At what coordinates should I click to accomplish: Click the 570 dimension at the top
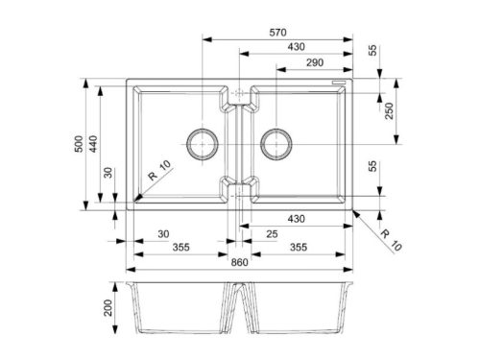pyautogui.click(x=277, y=33)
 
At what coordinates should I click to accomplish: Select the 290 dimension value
pyautogui.click(x=315, y=62)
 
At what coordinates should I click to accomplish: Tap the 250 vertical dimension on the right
pyautogui.click(x=389, y=110)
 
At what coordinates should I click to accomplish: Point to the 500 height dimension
pyautogui.click(x=79, y=144)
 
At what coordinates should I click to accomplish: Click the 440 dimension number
pyautogui.click(x=93, y=144)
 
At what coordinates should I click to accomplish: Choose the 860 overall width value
pyautogui.click(x=239, y=262)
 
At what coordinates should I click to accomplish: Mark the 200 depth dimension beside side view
pyautogui.click(x=108, y=308)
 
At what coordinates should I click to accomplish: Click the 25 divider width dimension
pyautogui.click(x=272, y=234)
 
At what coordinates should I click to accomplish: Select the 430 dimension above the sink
pyautogui.click(x=296, y=47)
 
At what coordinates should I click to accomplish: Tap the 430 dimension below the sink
pyautogui.click(x=296, y=219)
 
